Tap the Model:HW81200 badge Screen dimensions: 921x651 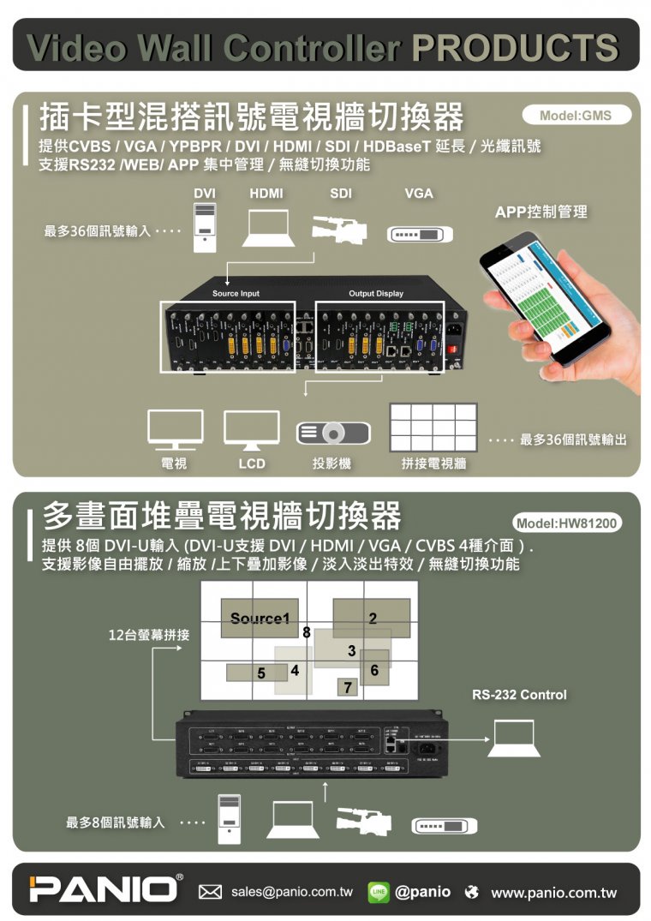(566, 523)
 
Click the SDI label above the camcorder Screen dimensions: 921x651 (341, 194)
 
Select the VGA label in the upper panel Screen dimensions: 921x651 (419, 194)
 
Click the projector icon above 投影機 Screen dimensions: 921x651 (332, 433)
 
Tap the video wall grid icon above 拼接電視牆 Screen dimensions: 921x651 (433, 428)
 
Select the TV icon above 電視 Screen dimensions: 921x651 (175, 429)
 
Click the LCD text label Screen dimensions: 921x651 (251, 463)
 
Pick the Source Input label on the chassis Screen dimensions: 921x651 (236, 294)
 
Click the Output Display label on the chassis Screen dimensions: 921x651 (376, 294)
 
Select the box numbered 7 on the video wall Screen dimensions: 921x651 (347, 687)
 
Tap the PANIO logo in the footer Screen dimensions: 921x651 (104, 888)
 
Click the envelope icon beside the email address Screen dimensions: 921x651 (211, 892)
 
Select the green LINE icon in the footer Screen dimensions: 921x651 (378, 892)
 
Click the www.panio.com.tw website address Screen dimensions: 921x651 (553, 893)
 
